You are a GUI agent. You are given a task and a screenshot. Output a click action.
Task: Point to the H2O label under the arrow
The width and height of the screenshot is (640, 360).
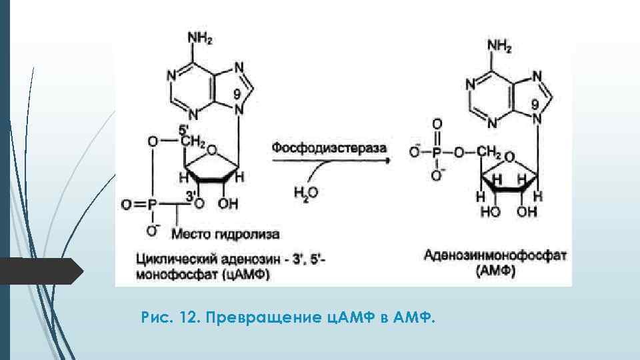point(307,193)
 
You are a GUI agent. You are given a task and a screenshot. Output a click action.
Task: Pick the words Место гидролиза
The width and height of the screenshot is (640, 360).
point(225,234)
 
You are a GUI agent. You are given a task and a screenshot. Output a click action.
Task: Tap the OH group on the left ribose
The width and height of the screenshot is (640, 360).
point(228,204)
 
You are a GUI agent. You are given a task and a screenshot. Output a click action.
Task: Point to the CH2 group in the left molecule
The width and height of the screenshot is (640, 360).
point(193,142)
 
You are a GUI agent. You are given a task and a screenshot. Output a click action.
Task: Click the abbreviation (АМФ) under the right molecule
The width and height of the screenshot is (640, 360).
point(495,271)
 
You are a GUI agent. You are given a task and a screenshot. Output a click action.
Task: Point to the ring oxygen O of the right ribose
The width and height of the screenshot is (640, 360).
point(510,158)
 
